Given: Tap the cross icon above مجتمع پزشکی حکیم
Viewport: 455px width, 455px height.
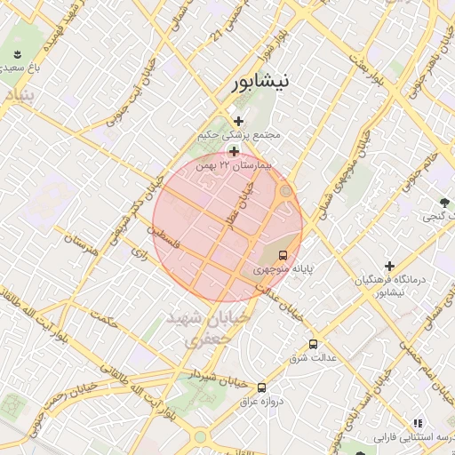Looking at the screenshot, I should [238, 121].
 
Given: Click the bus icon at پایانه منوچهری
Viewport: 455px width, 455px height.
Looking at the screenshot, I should [283, 255].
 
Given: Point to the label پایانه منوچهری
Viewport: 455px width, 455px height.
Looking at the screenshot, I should [283, 268].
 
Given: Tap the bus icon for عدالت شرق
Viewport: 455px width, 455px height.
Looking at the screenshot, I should [312, 344].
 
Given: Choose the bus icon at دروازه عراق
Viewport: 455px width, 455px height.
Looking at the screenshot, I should [261, 388].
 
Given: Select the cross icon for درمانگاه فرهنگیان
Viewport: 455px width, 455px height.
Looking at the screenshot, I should [389, 266].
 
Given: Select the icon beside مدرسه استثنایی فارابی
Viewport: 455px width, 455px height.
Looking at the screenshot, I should [418, 423].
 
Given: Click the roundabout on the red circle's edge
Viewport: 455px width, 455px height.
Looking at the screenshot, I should [285, 191].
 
